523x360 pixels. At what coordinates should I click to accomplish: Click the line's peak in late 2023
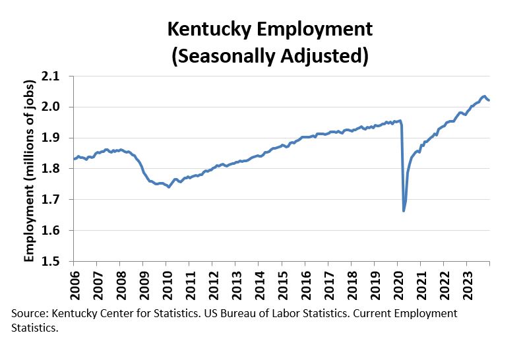[x=484, y=96]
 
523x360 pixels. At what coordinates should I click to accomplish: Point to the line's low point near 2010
[x=169, y=187]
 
